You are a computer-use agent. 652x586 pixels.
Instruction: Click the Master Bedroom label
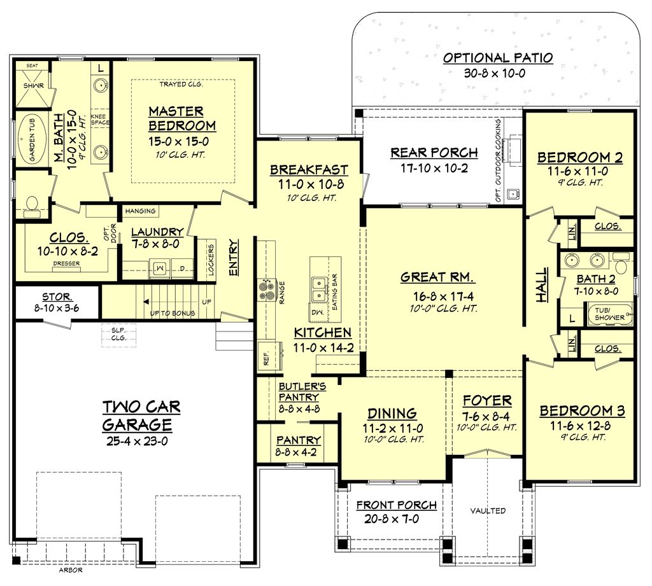182,118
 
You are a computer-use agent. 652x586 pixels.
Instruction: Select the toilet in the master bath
31,203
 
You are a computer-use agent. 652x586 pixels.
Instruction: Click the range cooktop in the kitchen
267,290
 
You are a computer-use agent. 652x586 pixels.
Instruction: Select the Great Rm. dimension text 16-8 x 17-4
436,296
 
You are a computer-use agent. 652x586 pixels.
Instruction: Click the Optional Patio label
498,58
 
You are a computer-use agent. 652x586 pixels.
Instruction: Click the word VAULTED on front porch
488,510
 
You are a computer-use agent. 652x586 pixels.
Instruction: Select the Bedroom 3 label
582,410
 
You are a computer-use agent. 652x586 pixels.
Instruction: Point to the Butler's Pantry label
302,391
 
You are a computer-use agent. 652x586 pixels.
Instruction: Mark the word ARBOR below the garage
71,570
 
